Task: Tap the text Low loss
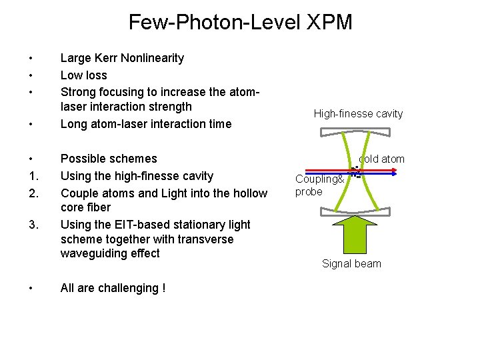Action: [83, 75]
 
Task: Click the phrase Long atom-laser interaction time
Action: [146, 123]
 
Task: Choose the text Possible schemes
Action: [109, 159]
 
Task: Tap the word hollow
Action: [249, 193]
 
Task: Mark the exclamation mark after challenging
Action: [163, 288]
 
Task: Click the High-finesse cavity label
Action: [358, 114]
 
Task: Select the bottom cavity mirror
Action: [359, 213]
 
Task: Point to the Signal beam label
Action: [351, 263]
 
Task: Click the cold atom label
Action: [382, 159]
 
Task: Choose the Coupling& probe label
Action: [319, 185]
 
